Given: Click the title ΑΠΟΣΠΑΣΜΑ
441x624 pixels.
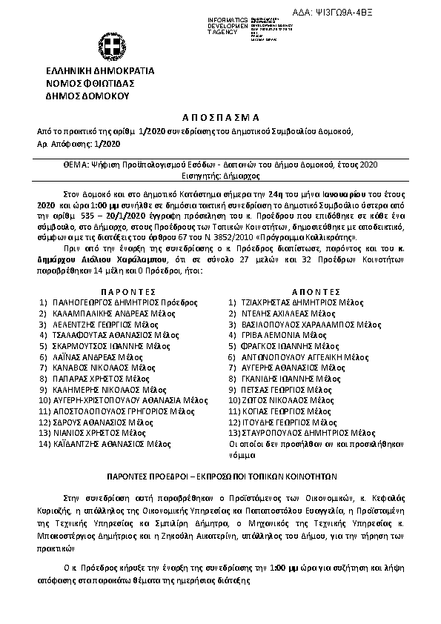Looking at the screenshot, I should tap(220, 117).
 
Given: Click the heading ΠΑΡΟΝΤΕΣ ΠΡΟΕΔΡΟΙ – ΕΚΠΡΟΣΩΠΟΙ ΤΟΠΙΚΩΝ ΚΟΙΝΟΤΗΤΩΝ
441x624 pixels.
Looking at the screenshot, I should tap(220, 478).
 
